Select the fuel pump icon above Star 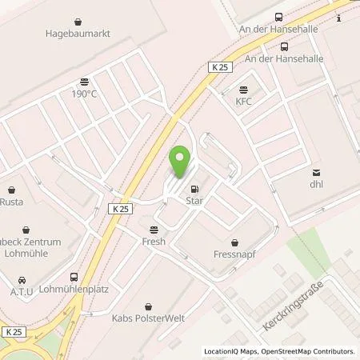click(x=194, y=190)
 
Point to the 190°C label click(x=83, y=93)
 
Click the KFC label click(x=244, y=101)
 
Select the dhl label click(x=318, y=184)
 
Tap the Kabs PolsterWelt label click(x=149, y=318)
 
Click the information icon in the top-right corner click(x=338, y=18)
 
